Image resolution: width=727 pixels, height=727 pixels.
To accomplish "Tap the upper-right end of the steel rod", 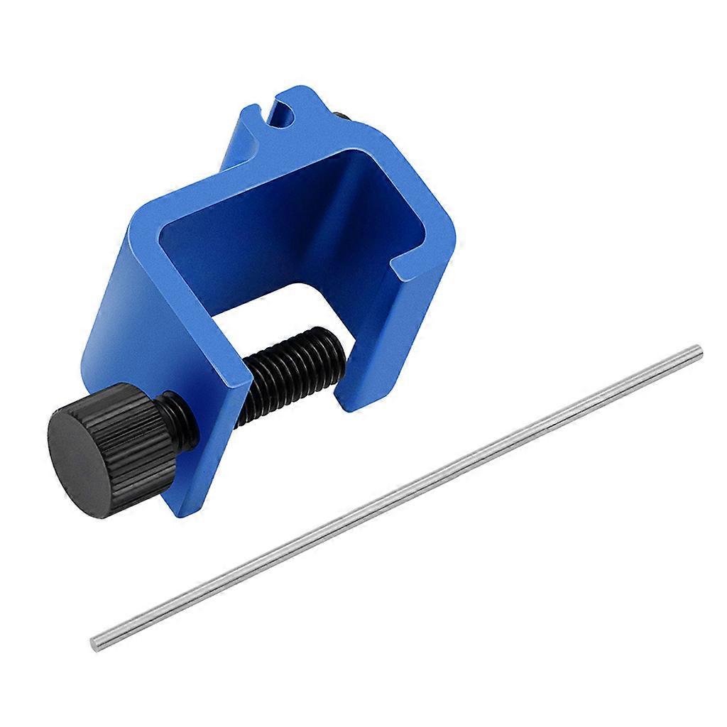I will click(697, 349).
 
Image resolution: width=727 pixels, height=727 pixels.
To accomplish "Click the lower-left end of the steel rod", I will click(95, 644).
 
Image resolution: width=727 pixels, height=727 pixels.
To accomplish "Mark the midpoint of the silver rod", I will click(396, 497).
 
